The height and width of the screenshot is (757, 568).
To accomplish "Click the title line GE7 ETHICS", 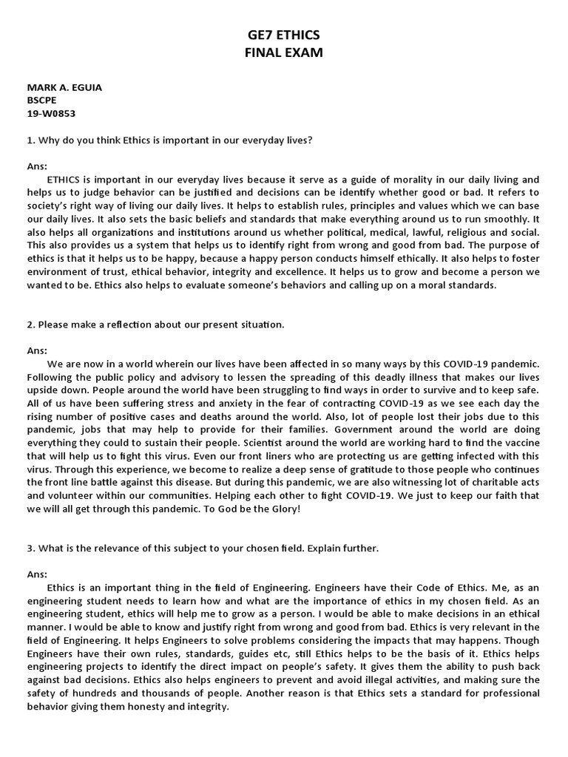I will click(284, 35).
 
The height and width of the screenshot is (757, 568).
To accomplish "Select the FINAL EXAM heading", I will click(284, 52).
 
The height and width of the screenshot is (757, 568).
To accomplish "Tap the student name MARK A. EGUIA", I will click(64, 87).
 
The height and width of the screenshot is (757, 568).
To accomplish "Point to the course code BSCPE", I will click(42, 101).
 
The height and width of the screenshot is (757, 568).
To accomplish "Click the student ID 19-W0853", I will click(51, 114).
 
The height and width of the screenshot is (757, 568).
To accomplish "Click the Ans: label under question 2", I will click(37, 350).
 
